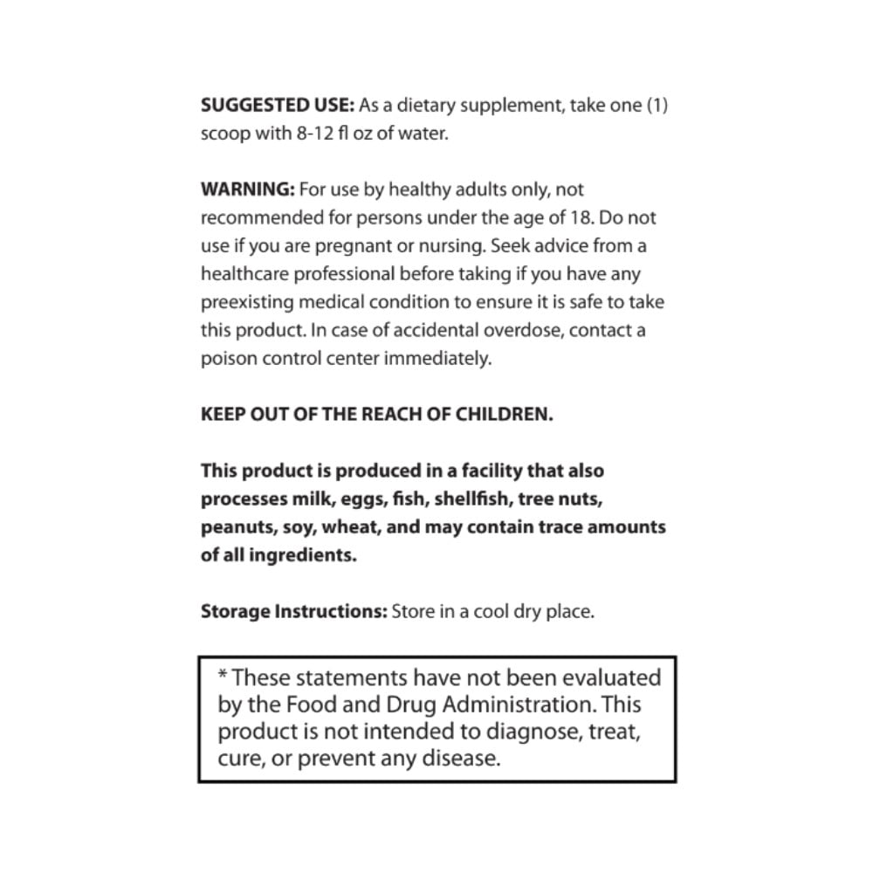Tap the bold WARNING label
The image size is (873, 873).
click(248, 189)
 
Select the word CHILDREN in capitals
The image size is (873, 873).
click(505, 414)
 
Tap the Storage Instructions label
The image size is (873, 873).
click(293, 611)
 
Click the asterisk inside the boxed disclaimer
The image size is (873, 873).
click(222, 675)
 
